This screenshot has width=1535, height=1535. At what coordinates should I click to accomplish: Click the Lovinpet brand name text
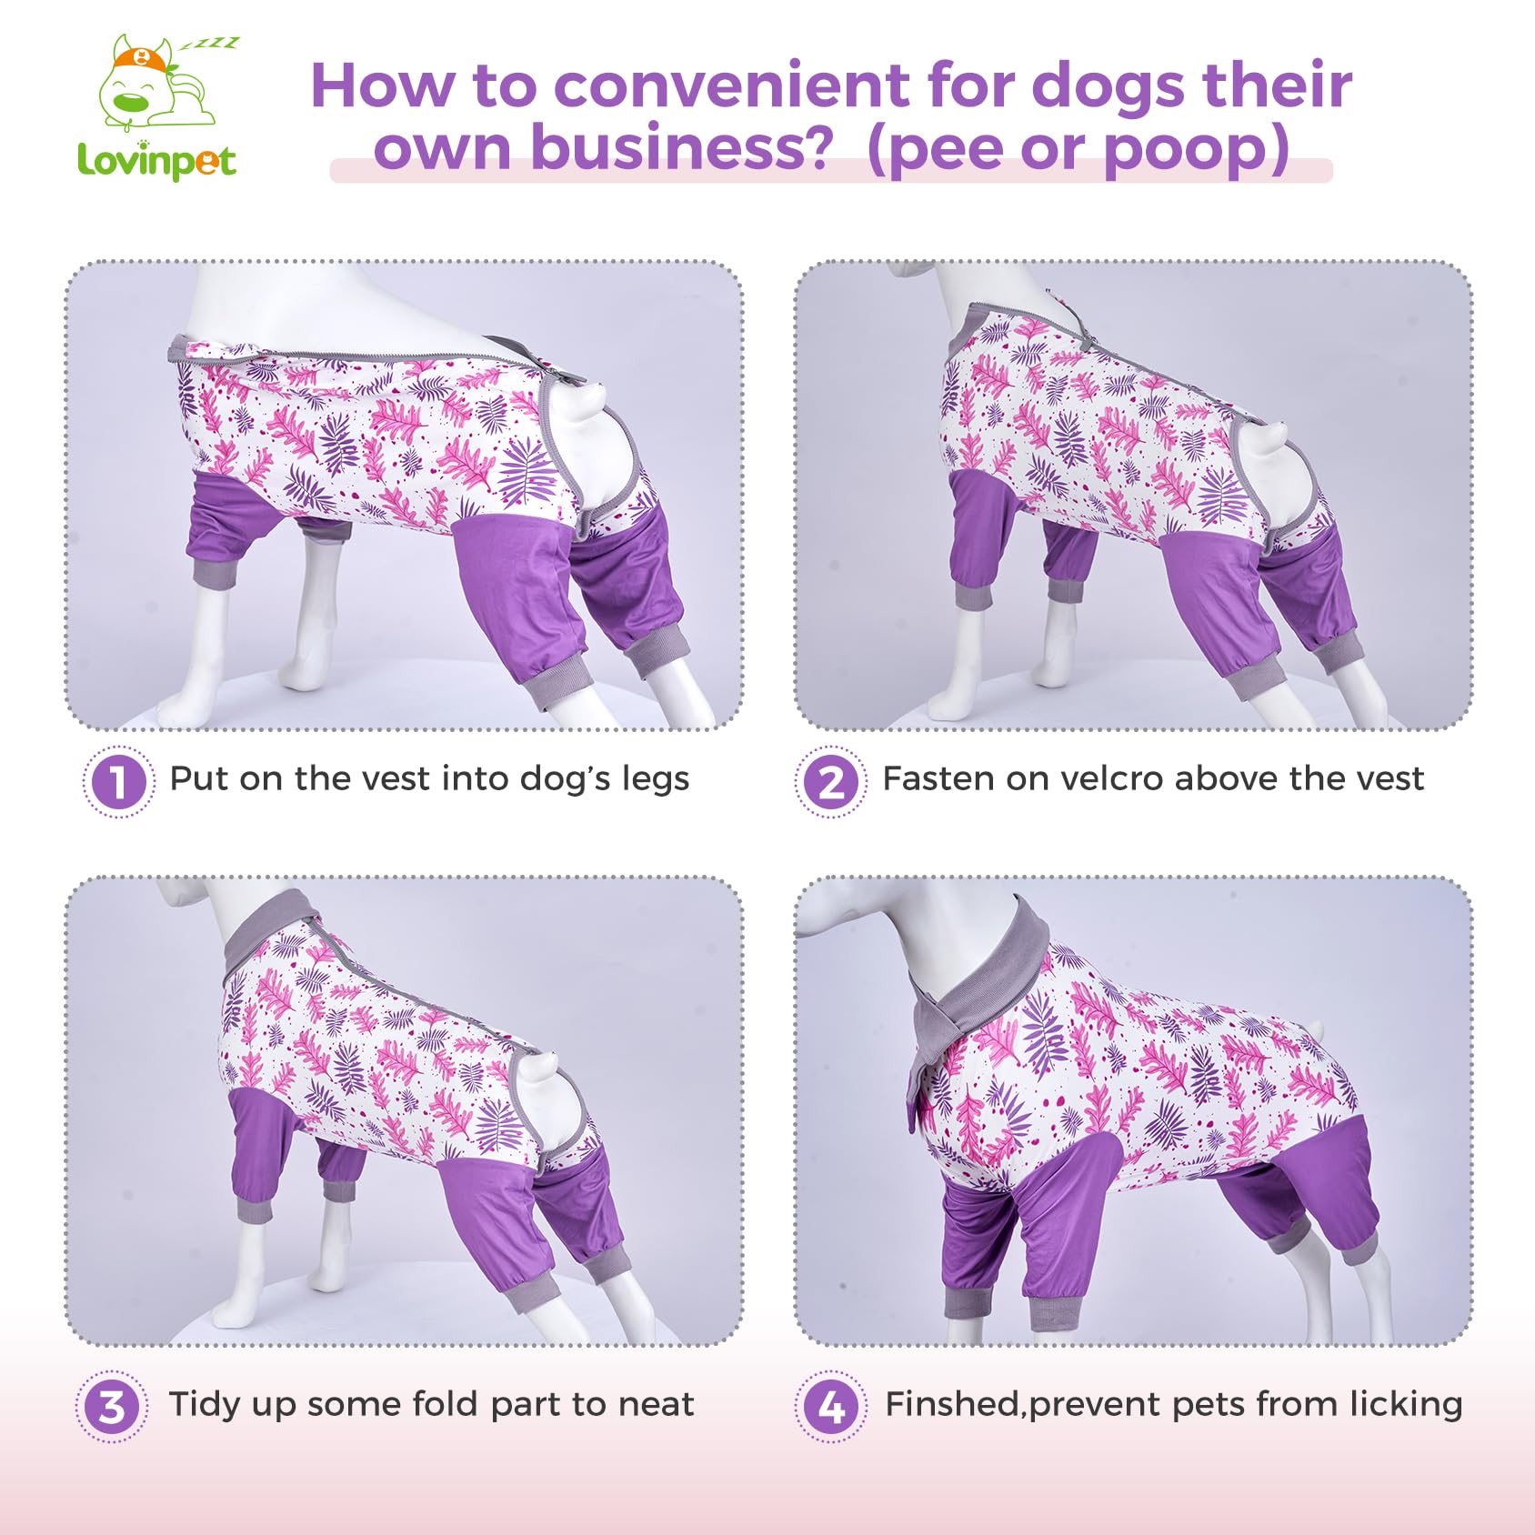click(x=156, y=161)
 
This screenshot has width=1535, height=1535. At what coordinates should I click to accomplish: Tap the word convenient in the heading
click(x=731, y=86)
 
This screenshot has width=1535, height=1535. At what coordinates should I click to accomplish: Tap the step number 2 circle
click(x=830, y=781)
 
